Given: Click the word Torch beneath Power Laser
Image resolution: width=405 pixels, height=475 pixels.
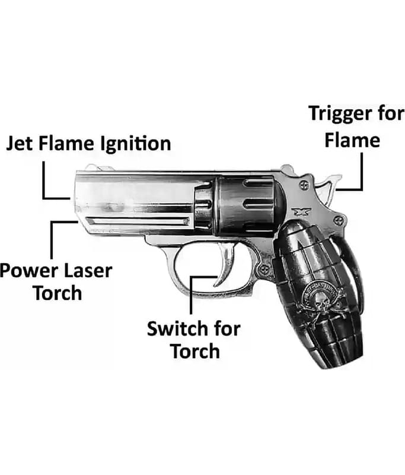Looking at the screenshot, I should click(57, 293).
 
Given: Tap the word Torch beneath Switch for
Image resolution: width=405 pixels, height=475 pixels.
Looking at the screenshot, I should click(195, 351).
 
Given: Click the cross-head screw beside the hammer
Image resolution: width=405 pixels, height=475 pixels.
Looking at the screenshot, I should click(305, 185).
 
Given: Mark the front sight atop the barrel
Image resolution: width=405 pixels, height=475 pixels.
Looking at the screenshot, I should click(91, 169).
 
